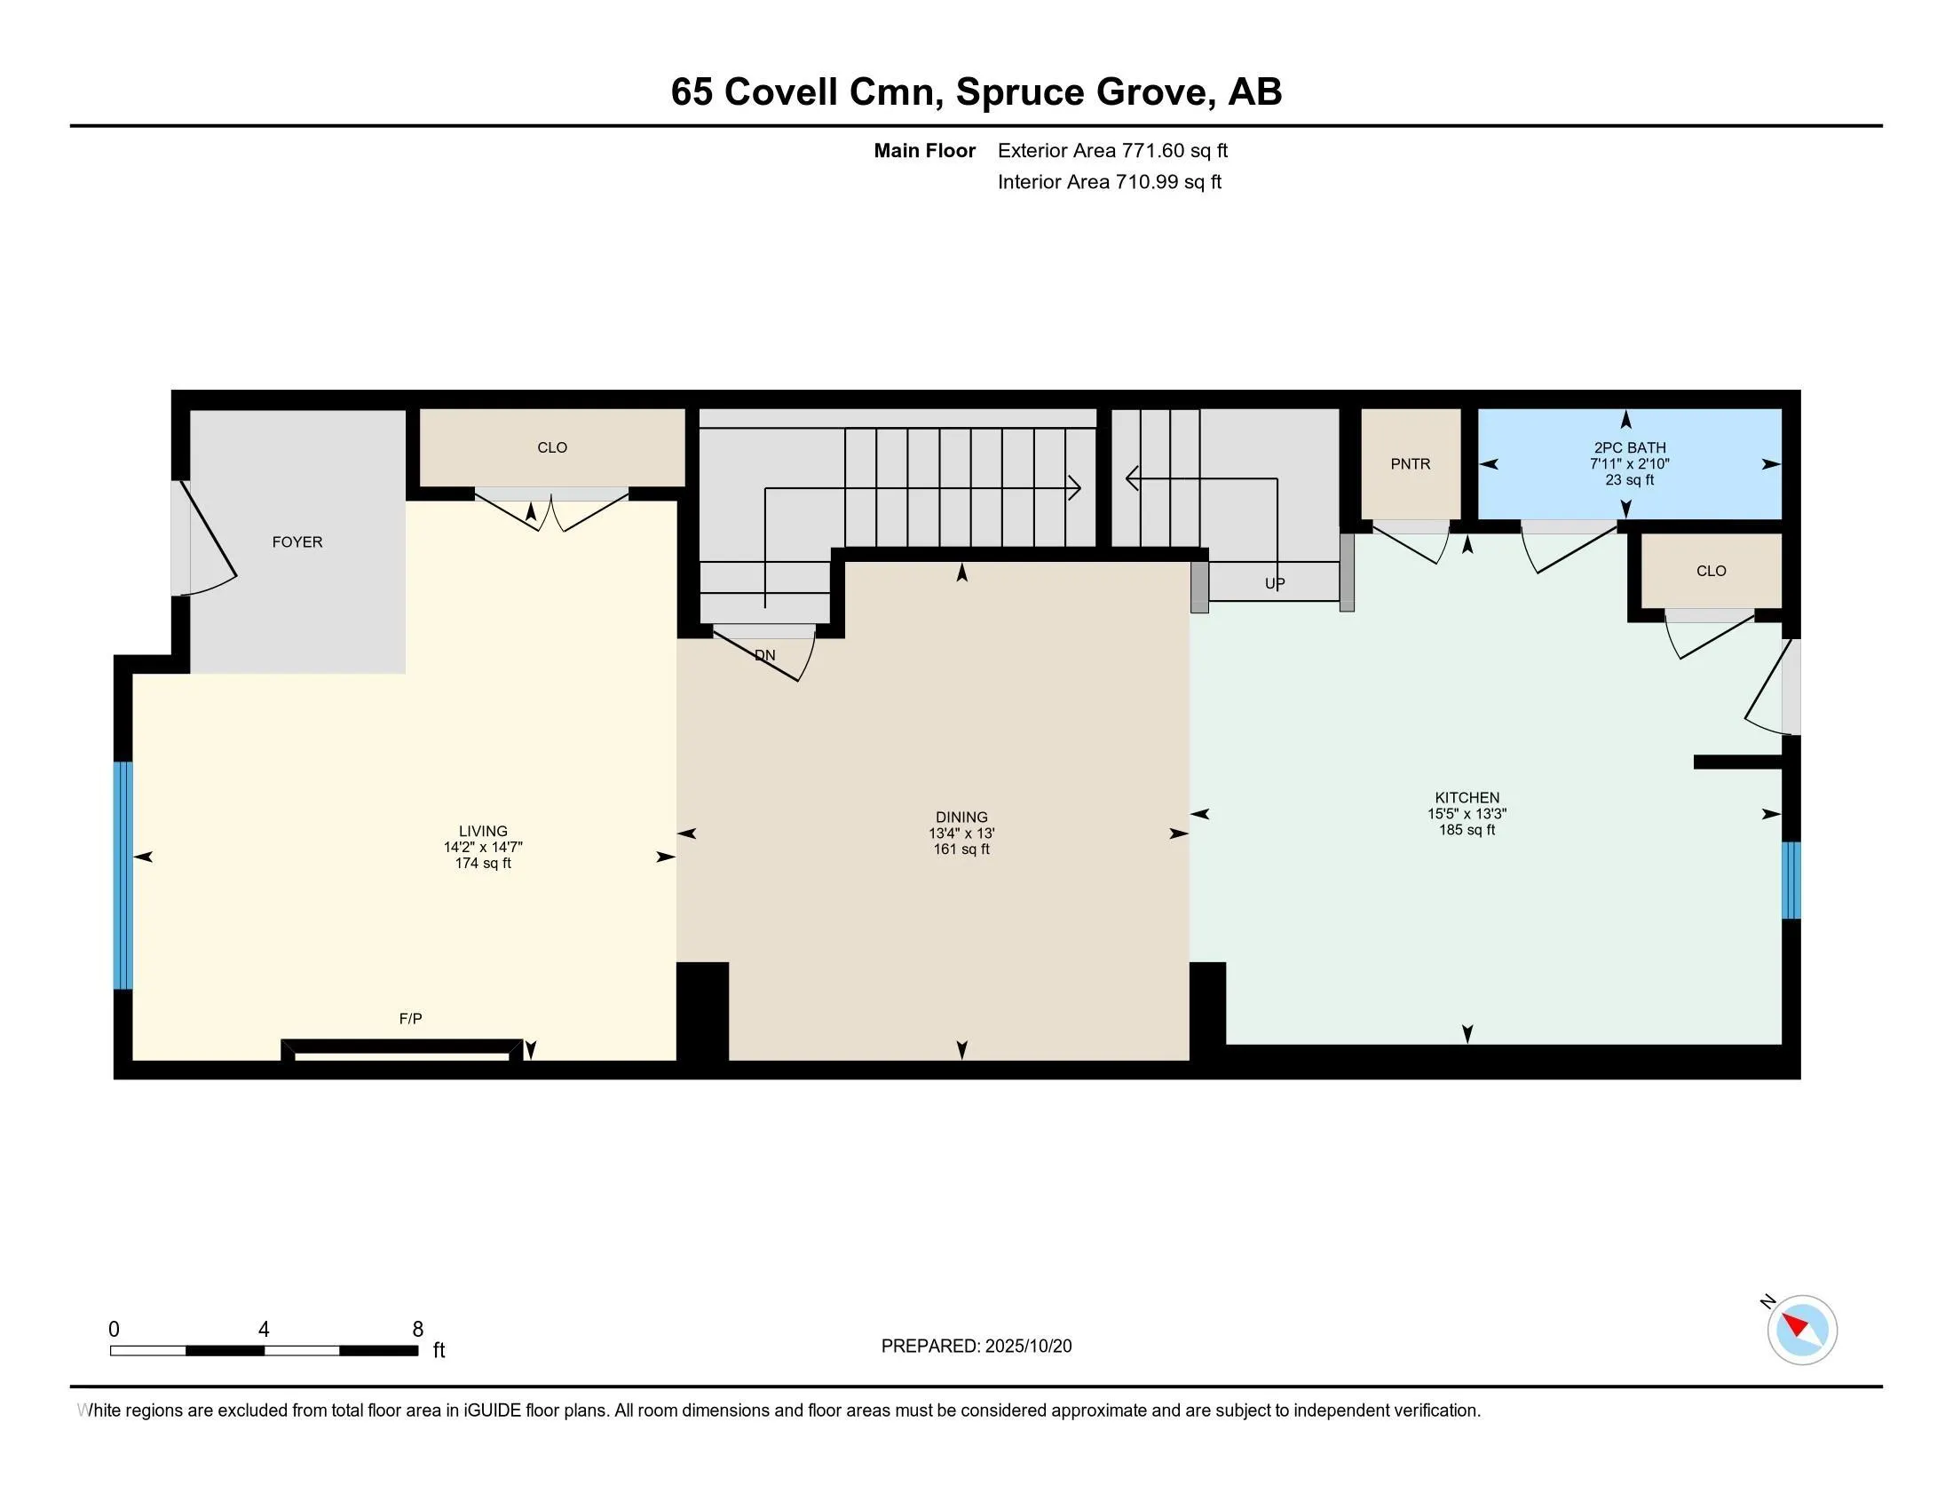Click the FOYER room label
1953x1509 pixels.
tap(297, 541)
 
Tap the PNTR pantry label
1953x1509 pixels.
tap(1411, 463)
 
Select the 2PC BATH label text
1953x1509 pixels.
tap(1629, 447)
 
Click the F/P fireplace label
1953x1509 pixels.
tap(410, 1018)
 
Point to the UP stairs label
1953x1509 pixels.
tap(1274, 584)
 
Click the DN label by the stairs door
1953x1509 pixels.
tap(764, 655)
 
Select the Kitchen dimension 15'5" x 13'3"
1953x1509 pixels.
tap(1467, 813)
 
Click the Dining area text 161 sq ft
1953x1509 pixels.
tap(961, 849)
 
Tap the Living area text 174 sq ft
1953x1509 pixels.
tap(483, 864)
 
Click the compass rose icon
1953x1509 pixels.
tap(1802, 1330)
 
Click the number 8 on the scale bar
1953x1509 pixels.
tap(417, 1330)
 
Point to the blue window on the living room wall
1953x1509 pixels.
tap(123, 875)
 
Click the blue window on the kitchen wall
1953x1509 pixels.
tap(1791, 881)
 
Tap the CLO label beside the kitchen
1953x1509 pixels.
tap(1711, 572)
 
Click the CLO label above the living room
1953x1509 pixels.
tap(552, 447)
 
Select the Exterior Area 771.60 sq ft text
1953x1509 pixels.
tap(1112, 150)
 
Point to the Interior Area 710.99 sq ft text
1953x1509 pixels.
tap(1109, 181)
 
